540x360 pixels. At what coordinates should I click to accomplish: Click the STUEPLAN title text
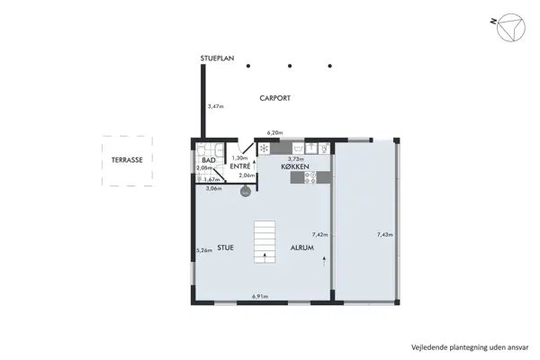tap(217, 59)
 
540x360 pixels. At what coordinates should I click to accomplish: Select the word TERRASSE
tap(126, 160)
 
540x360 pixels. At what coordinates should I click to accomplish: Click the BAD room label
tap(207, 160)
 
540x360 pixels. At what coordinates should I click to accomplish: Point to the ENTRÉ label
tap(239, 166)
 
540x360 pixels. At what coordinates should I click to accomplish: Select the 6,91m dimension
tap(261, 296)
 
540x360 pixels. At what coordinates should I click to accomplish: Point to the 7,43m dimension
tap(384, 234)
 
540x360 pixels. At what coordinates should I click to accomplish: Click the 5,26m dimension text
tap(204, 250)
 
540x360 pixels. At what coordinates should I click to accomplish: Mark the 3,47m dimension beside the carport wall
tap(215, 106)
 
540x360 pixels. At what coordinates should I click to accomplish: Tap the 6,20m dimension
tap(274, 133)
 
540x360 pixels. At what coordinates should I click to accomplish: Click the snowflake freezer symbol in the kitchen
tap(265, 148)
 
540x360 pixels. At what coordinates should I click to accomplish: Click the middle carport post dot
tap(290, 65)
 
